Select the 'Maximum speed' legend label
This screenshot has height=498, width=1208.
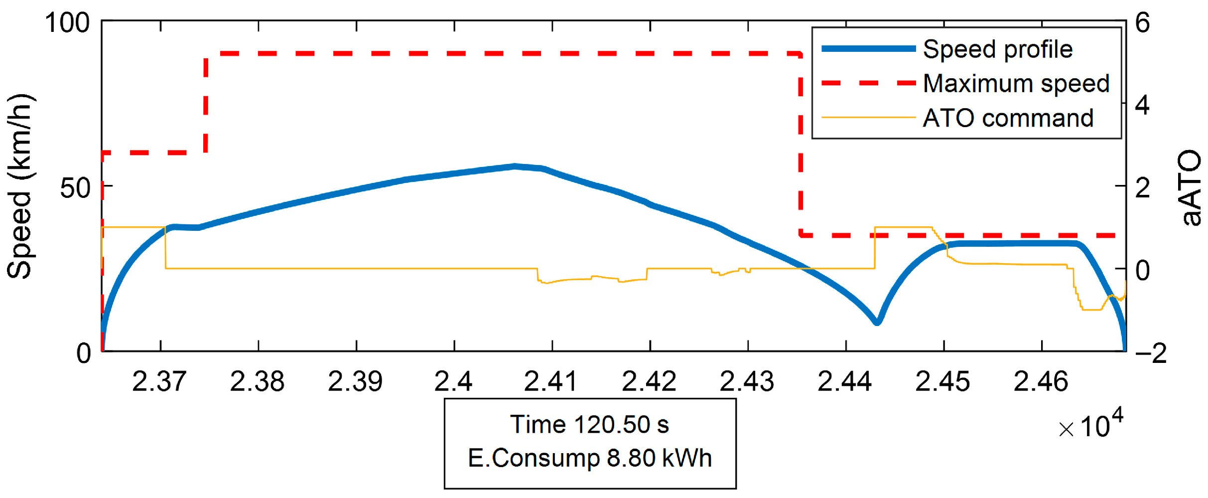click(1016, 83)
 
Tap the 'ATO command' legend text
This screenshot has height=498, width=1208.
click(1008, 118)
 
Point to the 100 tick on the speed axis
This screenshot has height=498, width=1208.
click(67, 23)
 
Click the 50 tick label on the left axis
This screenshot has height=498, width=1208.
click(75, 188)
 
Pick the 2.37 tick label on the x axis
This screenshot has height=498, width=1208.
click(159, 381)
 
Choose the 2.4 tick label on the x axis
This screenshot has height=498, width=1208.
click(453, 381)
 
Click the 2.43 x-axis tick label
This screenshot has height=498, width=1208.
click(747, 381)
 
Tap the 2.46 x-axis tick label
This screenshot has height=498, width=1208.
click(1041, 381)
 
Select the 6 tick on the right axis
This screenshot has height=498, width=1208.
click(1143, 23)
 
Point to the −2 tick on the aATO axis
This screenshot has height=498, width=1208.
click(1151, 353)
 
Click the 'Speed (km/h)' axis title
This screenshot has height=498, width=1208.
click(20, 186)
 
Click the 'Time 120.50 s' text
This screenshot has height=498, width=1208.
click(590, 425)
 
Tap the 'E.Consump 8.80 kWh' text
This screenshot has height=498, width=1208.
click(590, 458)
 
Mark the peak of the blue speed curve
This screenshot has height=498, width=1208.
click(515, 166)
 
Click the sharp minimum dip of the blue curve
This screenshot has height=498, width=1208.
click(877, 323)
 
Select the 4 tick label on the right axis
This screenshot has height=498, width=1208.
click(1143, 106)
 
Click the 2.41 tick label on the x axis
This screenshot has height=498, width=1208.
click(551, 381)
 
